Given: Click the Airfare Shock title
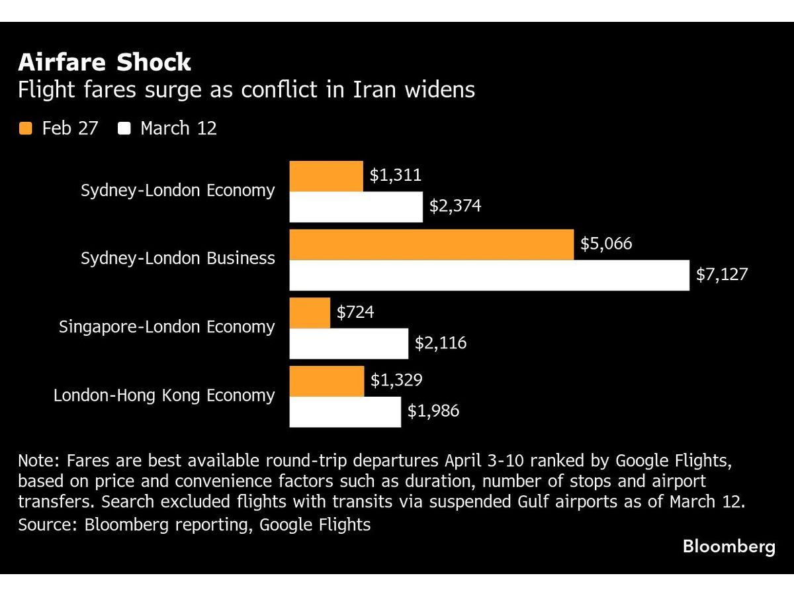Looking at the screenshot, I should click(x=105, y=62).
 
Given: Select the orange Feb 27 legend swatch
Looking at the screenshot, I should click(x=26, y=128).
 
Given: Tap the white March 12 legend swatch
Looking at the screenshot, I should click(x=124, y=128).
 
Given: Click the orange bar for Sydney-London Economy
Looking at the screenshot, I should click(x=326, y=176).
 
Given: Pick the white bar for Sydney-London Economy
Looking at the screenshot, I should click(x=356, y=207).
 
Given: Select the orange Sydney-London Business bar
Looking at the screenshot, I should click(x=431, y=244).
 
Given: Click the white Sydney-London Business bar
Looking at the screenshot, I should click(x=490, y=275).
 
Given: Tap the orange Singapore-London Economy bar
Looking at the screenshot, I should click(x=310, y=313).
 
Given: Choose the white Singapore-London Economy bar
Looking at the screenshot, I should click(x=349, y=343).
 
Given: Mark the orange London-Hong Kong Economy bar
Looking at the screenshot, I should click(x=327, y=381).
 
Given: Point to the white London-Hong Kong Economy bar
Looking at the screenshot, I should click(x=345, y=411).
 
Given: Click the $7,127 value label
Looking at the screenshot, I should click(x=721, y=274).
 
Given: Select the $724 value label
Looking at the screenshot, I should click(x=355, y=312).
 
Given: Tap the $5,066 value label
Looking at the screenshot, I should click(x=606, y=244).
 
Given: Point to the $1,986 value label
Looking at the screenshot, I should click(x=433, y=411).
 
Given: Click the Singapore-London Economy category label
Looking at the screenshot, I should click(x=167, y=326).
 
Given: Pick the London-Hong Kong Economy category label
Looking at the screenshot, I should click(x=164, y=395).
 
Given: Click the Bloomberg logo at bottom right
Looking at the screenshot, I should click(x=728, y=547).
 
